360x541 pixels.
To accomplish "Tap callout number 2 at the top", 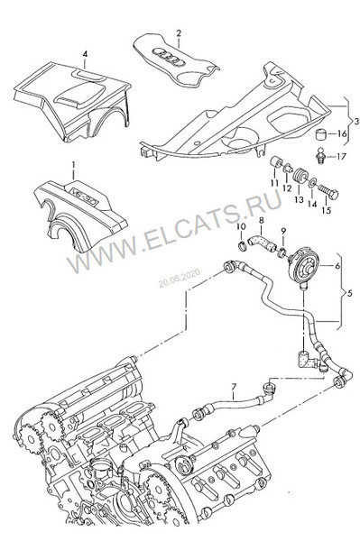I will point(179,33).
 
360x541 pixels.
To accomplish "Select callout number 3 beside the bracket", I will point(355,120).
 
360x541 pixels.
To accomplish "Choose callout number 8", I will point(261,219).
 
